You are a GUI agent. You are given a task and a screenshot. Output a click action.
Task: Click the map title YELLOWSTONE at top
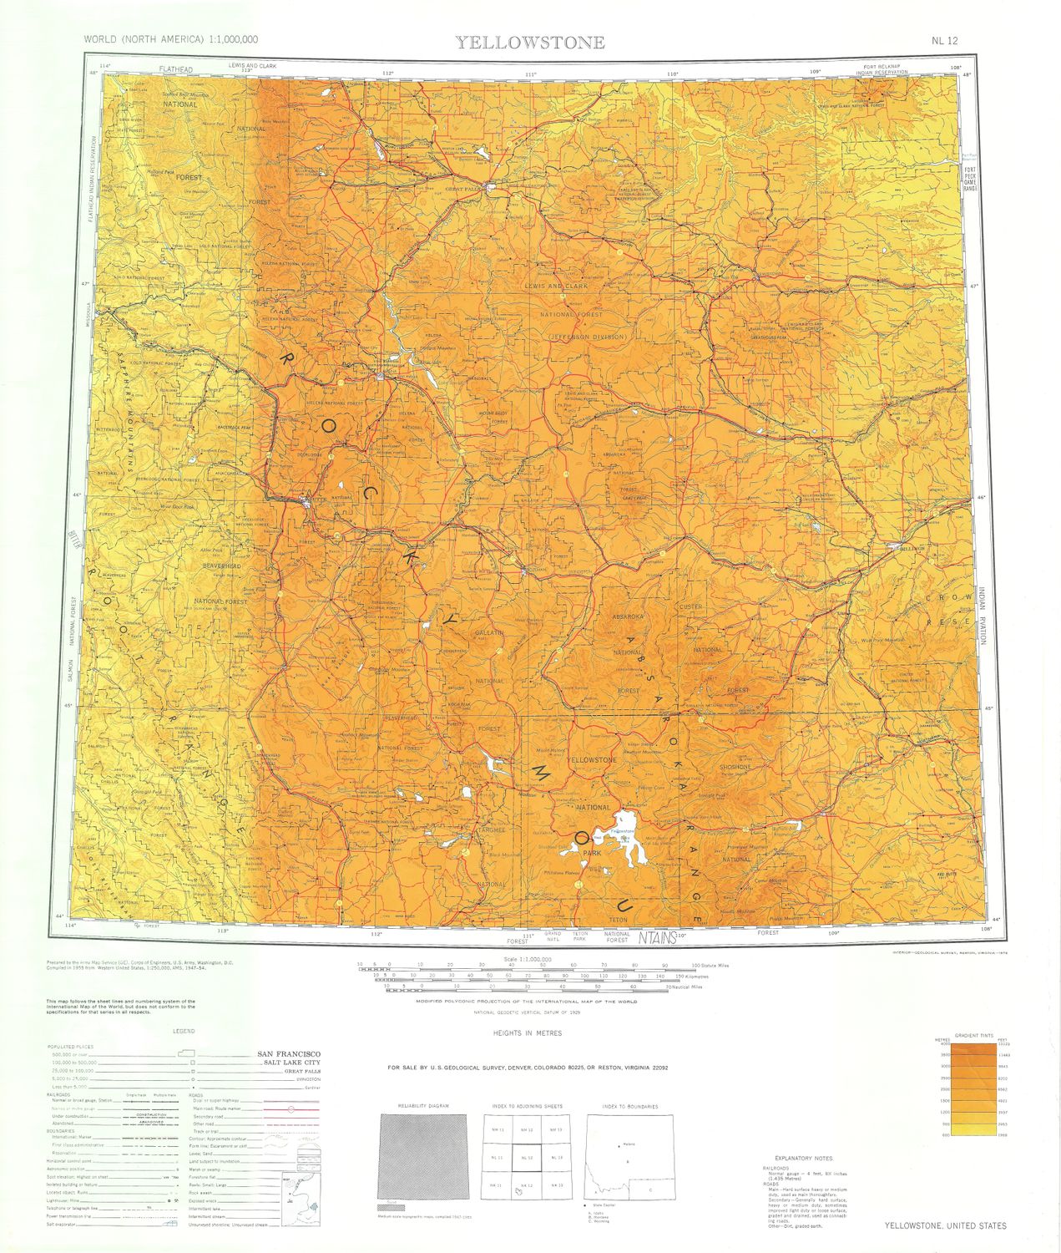tap(530, 43)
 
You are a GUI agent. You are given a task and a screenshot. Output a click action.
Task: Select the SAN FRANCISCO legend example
tap(287, 1053)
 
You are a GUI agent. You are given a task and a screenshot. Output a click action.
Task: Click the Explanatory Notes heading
tap(803, 1158)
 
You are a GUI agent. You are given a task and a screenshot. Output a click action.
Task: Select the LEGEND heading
tap(184, 1032)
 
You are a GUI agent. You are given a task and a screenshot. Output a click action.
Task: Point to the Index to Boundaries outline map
tap(629, 1156)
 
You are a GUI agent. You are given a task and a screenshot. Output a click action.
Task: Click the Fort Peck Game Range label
tap(969, 179)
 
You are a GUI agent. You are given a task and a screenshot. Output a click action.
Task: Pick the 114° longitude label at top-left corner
tap(104, 66)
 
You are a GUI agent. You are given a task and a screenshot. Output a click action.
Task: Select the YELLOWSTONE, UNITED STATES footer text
tap(945, 1225)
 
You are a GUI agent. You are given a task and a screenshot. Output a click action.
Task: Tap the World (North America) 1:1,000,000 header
tap(171, 40)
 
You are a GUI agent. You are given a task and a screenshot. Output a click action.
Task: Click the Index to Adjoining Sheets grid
tap(528, 1156)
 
